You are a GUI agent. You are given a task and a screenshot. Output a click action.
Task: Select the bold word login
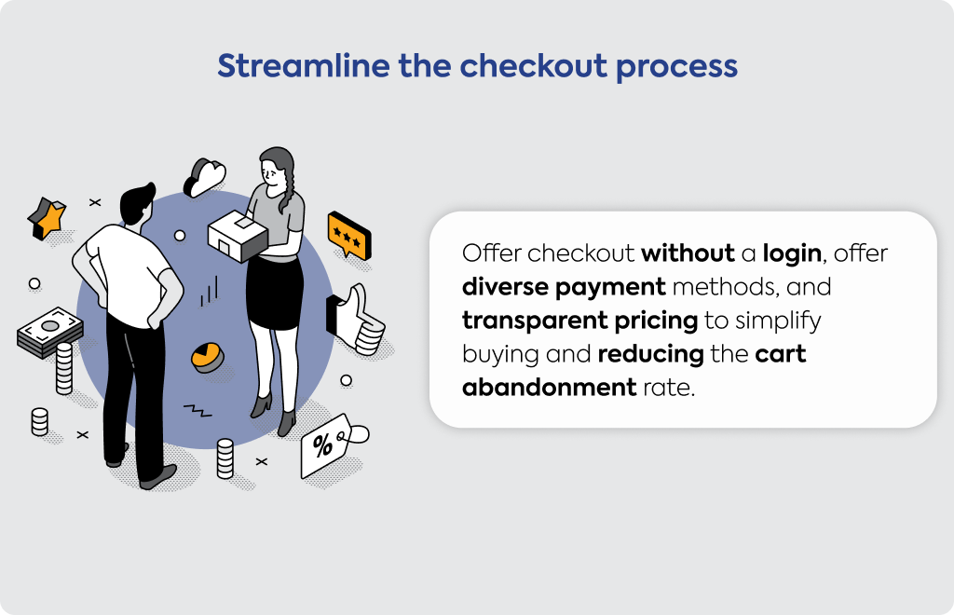pyautogui.click(x=792, y=254)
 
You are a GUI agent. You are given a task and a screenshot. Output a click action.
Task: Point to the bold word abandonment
pyautogui.click(x=549, y=387)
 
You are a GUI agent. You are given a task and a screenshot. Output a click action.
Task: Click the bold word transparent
pyautogui.click(x=535, y=321)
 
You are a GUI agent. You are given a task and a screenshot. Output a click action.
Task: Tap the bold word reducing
pyautogui.click(x=650, y=354)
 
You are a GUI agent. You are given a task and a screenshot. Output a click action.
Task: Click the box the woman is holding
pyautogui.click(x=238, y=236)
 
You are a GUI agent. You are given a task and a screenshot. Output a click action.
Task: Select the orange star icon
pyautogui.click(x=47, y=218)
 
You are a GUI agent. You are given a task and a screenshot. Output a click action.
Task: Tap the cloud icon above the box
pyautogui.click(x=204, y=177)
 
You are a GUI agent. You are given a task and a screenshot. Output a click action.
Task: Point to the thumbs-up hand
pyautogui.click(x=356, y=320)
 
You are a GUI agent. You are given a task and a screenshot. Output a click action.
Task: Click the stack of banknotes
pyautogui.click(x=50, y=333)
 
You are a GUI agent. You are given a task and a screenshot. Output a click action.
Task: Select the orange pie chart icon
pyautogui.click(x=208, y=357)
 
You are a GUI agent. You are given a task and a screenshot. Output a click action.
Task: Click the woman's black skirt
pyautogui.click(x=275, y=293)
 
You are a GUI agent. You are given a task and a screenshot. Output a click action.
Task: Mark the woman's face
pyautogui.click(x=273, y=173)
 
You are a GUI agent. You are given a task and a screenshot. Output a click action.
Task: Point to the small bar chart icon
pyautogui.click(x=209, y=291)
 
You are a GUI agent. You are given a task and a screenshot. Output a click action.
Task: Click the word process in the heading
pyautogui.click(x=676, y=67)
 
